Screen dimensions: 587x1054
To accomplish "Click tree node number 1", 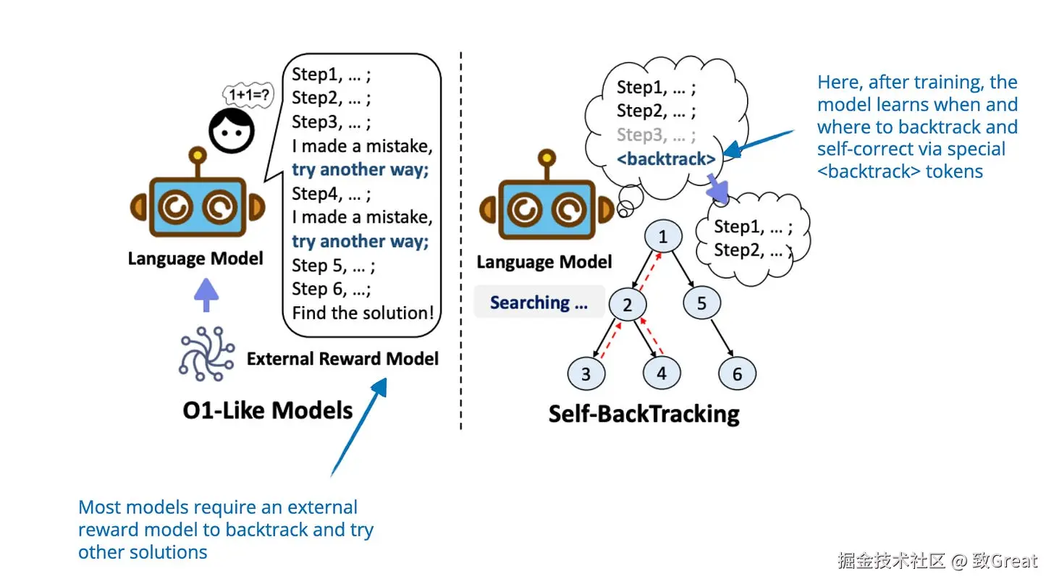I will click(662, 236).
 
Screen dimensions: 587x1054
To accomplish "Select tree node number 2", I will click(627, 305).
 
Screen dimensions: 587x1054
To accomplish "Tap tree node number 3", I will click(586, 374).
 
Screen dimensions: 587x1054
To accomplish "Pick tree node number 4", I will click(661, 373).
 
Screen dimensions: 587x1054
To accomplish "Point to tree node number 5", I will click(701, 303).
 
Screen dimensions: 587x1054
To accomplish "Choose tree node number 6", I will click(737, 374).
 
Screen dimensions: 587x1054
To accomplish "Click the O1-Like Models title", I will click(268, 411).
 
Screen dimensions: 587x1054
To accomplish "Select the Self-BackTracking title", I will click(644, 414).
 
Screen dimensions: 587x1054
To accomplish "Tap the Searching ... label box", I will click(539, 303).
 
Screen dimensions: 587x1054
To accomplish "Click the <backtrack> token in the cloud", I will click(666, 159).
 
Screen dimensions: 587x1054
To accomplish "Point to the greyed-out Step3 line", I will click(656, 135).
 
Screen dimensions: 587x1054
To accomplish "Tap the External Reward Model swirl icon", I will click(206, 354).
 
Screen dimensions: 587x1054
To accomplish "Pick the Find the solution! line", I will click(363, 313).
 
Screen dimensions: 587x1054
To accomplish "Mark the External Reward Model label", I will click(342, 359).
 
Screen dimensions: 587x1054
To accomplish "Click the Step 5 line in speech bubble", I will click(333, 266).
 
